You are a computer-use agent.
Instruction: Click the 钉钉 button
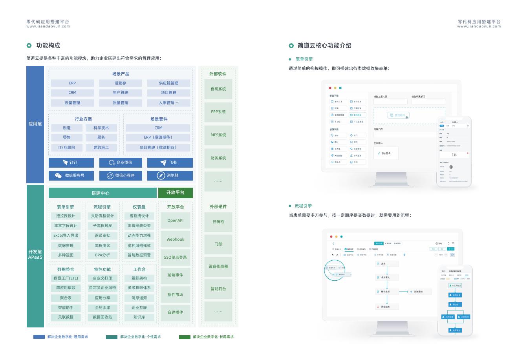coord(71,163)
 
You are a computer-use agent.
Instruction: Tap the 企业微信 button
coord(120,163)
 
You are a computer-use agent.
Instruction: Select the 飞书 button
coord(170,163)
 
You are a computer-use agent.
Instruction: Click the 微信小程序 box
coord(120,175)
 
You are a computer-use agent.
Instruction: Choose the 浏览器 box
coord(170,175)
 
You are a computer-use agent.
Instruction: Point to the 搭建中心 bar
coord(102,193)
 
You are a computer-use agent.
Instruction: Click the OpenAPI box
coord(175,221)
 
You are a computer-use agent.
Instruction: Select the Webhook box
coord(175,239)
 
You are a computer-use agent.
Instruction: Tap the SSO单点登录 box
coord(175,258)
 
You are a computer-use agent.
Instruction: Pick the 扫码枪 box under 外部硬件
coord(218,222)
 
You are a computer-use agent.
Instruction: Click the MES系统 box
coord(218,135)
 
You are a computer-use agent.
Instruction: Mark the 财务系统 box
coord(218,158)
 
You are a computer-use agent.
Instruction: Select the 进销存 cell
coord(120,83)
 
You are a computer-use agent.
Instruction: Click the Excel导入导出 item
coord(66,236)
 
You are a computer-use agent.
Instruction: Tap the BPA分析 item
coord(102,255)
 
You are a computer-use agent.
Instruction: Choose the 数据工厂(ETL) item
coord(66,278)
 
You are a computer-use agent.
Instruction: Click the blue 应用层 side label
coord(35,124)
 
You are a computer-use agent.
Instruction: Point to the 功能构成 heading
coord(48,46)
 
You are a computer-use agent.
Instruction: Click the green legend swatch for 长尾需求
coord(185,337)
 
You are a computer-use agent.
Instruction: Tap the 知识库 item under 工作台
coord(139,317)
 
